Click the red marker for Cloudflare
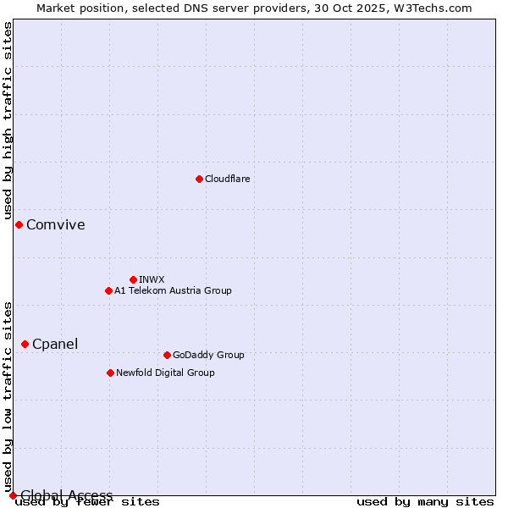(x=199, y=179)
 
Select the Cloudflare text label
(x=227, y=179)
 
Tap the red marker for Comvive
(x=19, y=224)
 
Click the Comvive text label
(x=56, y=224)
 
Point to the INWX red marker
(x=133, y=279)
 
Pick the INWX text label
(x=152, y=279)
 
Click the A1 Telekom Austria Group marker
(x=108, y=290)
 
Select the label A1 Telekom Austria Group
(x=173, y=290)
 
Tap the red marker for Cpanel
(x=25, y=344)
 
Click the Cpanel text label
(x=55, y=344)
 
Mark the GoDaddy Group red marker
(x=167, y=355)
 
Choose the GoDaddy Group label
(x=208, y=355)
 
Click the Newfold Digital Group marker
(x=110, y=373)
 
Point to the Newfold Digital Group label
(x=165, y=373)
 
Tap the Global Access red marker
(x=13, y=495)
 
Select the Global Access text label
(x=67, y=495)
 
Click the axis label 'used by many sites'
(x=425, y=502)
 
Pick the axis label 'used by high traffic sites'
(x=8, y=121)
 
